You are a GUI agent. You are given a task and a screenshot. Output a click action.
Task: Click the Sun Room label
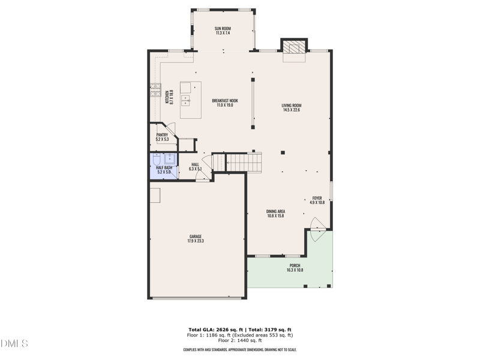click(223, 31)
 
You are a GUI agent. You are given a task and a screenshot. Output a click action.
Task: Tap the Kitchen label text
click(169, 98)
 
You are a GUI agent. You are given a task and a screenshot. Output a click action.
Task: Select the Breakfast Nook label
click(225, 103)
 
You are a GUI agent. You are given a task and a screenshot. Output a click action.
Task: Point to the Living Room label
click(291, 108)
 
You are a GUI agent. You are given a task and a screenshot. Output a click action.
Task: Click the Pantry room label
click(162, 137)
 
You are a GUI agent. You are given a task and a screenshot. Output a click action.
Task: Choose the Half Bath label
click(164, 170)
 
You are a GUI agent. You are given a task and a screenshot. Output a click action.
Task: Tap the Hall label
click(196, 167)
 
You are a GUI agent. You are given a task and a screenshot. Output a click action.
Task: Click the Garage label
click(196, 239)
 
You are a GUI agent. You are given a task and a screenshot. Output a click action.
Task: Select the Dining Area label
click(275, 213)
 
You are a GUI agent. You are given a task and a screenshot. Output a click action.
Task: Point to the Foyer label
click(317, 200)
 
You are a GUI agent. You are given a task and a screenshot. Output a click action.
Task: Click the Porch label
click(295, 268)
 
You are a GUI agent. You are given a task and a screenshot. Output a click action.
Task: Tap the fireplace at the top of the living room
click(294, 48)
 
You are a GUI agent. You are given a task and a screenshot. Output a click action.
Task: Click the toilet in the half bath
click(156, 160)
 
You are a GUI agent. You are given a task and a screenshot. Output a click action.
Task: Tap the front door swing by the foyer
click(317, 226)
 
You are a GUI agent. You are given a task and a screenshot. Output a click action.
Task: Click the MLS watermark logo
click(14, 344)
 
